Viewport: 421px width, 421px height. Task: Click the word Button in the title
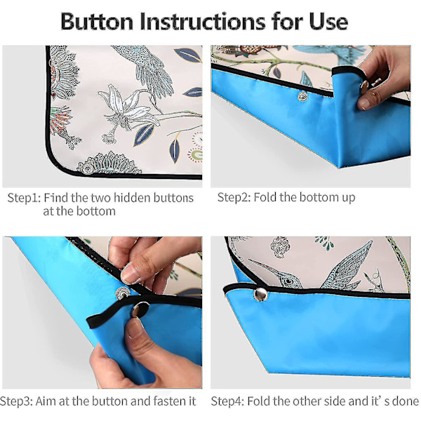coord(97,22)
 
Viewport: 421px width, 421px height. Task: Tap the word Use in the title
coord(328,22)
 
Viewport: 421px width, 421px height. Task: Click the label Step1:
coord(24,198)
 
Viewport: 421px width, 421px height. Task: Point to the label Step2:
coord(234,197)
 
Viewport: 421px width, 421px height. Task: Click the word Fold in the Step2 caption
coord(265,197)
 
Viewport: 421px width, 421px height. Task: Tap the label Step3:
coord(16,401)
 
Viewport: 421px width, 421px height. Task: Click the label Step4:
coord(227,401)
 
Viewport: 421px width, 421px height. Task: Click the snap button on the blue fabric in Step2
coord(302,96)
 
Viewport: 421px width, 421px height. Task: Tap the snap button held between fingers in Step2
coord(364,86)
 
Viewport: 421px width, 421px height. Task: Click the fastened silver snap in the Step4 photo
coord(260,295)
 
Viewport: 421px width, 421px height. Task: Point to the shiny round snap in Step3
coord(140,309)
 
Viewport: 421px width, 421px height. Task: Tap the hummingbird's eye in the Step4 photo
coord(288,281)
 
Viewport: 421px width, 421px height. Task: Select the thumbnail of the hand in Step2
coord(364,103)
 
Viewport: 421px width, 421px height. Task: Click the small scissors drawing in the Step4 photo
coord(374,281)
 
